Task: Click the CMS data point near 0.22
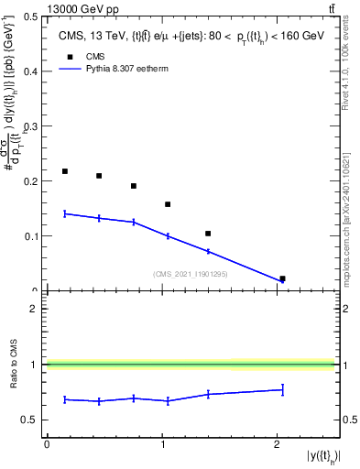(x=65, y=171)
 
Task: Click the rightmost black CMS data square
(x=282, y=278)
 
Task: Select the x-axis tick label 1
(x=163, y=445)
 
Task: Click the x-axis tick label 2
(x=278, y=445)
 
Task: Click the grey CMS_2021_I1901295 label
(x=190, y=273)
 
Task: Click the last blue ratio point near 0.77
(x=282, y=390)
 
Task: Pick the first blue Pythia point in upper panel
(x=65, y=213)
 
